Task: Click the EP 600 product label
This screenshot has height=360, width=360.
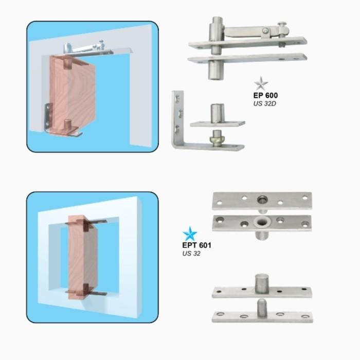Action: pyautogui.click(x=265, y=95)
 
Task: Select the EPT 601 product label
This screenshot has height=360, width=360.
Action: pyautogui.click(x=196, y=245)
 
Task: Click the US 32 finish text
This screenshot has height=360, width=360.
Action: pyautogui.click(x=190, y=254)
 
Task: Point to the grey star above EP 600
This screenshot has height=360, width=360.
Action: pyautogui.click(x=261, y=83)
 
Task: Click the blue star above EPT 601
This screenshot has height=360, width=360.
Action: pyautogui.click(x=190, y=233)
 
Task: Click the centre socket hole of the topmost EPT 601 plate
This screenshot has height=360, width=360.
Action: pyautogui.click(x=263, y=199)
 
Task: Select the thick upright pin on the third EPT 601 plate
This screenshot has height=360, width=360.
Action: pyautogui.click(x=261, y=282)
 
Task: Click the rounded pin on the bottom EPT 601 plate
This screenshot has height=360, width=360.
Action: pyautogui.click(x=261, y=305)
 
